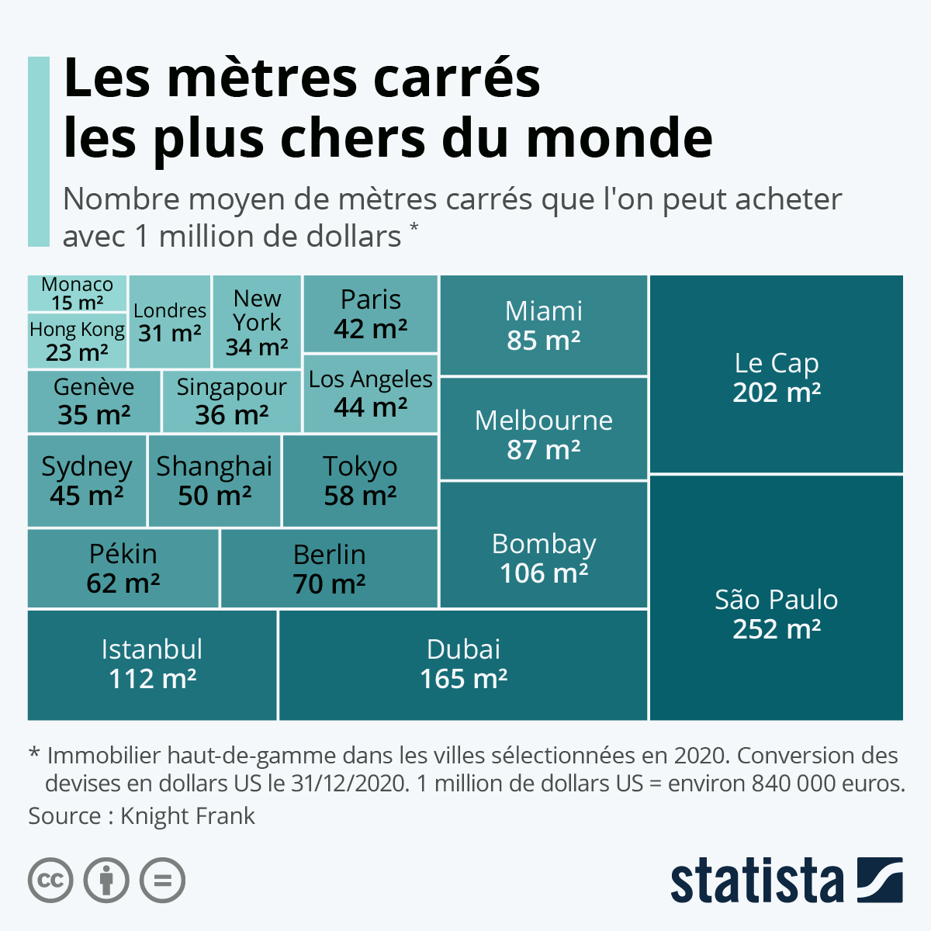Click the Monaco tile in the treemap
point(77,293)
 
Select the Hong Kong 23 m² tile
point(77,341)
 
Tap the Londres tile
point(170,322)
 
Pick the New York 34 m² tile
point(257,322)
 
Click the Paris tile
point(371,314)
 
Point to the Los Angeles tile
point(371,393)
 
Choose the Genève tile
point(94,401)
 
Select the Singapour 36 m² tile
point(231,401)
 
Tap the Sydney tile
point(86,481)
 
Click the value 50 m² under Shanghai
point(215,496)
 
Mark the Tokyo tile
point(360,481)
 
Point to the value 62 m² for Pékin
point(123,583)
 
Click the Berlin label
point(329,555)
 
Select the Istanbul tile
point(152,665)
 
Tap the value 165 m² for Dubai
point(464,680)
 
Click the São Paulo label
point(776,600)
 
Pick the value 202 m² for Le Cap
point(777,393)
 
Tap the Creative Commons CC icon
point(50,881)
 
